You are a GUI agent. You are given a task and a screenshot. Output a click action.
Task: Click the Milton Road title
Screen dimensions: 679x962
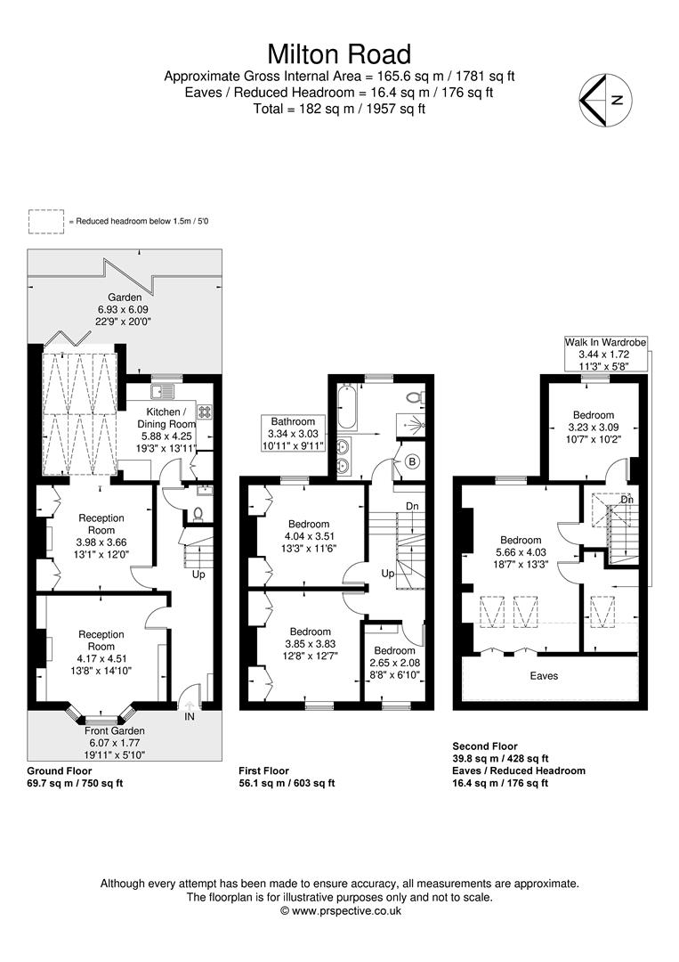coord(339,54)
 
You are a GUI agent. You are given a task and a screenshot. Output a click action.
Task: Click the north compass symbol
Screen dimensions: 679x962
coord(605,100)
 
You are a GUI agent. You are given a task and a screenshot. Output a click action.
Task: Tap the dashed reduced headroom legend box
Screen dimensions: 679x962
coord(46,222)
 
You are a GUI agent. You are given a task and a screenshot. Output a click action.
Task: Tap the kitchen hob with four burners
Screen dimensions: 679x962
coord(204,412)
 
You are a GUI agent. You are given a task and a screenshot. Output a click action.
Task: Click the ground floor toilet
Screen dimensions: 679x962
coord(198,512)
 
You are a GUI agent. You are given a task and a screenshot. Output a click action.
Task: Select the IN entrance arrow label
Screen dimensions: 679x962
coord(190,716)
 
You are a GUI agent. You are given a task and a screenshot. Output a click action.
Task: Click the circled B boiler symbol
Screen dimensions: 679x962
coord(412,461)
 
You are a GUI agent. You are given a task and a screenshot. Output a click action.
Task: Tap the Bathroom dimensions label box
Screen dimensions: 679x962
coord(293,434)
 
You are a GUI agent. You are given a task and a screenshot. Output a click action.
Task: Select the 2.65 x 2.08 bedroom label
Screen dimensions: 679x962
coord(394,663)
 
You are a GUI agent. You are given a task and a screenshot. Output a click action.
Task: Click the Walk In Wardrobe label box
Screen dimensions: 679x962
coord(605,355)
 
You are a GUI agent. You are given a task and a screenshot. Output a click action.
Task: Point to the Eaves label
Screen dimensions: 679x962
coord(545,676)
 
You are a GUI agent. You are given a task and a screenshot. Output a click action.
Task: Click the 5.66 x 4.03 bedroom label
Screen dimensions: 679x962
coord(521,552)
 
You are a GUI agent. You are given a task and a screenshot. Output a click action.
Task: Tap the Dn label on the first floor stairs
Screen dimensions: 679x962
coord(412,506)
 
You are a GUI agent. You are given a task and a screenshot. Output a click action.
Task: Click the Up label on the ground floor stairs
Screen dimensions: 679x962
coord(198,575)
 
